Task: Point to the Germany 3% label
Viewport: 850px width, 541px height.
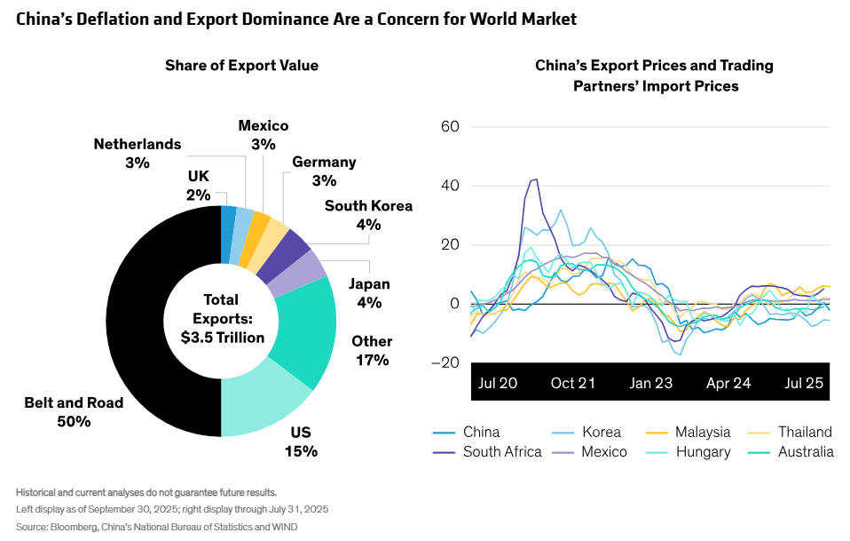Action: (324, 171)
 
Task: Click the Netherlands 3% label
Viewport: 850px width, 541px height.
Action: (138, 153)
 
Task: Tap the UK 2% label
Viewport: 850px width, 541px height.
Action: (199, 185)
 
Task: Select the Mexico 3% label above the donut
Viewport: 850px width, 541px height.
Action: (264, 135)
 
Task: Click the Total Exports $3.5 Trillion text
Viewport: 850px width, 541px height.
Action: (222, 319)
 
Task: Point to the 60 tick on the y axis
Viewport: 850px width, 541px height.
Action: (449, 127)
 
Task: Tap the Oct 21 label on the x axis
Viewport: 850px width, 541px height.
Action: (573, 383)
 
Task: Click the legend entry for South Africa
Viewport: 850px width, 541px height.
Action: (501, 452)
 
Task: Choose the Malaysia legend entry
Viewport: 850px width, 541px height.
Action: (702, 433)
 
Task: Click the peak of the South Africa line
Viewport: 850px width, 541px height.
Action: (535, 179)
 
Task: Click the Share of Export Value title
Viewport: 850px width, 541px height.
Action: (241, 66)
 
